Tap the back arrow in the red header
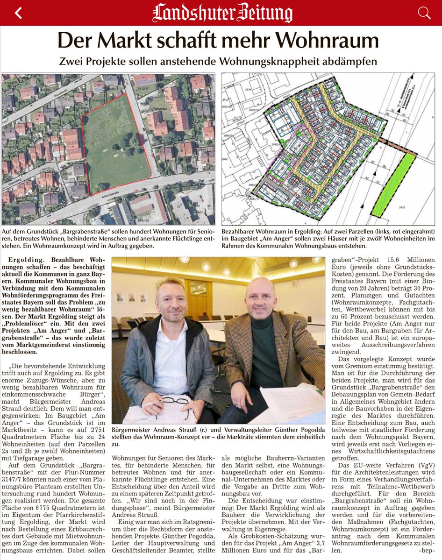[x=18, y=13]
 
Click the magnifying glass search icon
[x=424, y=13]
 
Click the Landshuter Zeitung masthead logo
[x=222, y=13]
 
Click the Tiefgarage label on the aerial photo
[x=156, y=106]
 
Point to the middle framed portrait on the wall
[x=131, y=297]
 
